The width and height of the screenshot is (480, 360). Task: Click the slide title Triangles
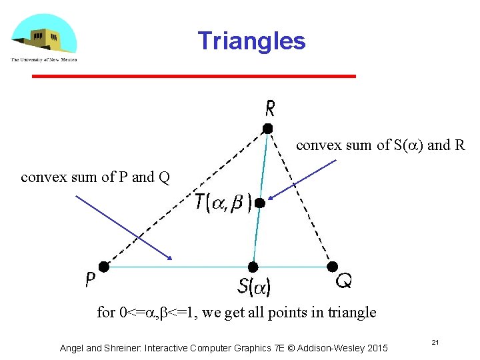pyautogui.click(x=251, y=41)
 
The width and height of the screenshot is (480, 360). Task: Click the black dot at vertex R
pyautogui.click(x=267, y=128)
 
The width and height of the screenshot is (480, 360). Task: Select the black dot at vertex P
pyautogui.click(x=104, y=267)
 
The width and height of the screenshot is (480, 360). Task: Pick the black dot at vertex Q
pyautogui.click(x=332, y=267)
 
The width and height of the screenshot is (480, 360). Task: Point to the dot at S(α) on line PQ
pyautogui.click(x=253, y=267)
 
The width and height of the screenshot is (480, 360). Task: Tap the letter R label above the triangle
pyautogui.click(x=271, y=107)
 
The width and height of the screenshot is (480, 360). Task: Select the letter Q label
pyautogui.click(x=344, y=281)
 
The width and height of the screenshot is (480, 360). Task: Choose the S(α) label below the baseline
pyautogui.click(x=254, y=287)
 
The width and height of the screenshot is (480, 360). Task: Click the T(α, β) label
pyautogui.click(x=223, y=202)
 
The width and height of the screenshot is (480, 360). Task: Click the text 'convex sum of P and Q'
pyautogui.click(x=95, y=177)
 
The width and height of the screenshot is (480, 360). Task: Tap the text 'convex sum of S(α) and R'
pyautogui.click(x=380, y=145)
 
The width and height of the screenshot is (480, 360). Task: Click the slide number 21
pyautogui.click(x=434, y=342)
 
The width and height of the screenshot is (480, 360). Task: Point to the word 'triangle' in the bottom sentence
pyautogui.click(x=351, y=312)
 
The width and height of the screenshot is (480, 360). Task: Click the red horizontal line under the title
pyautogui.click(x=194, y=77)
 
